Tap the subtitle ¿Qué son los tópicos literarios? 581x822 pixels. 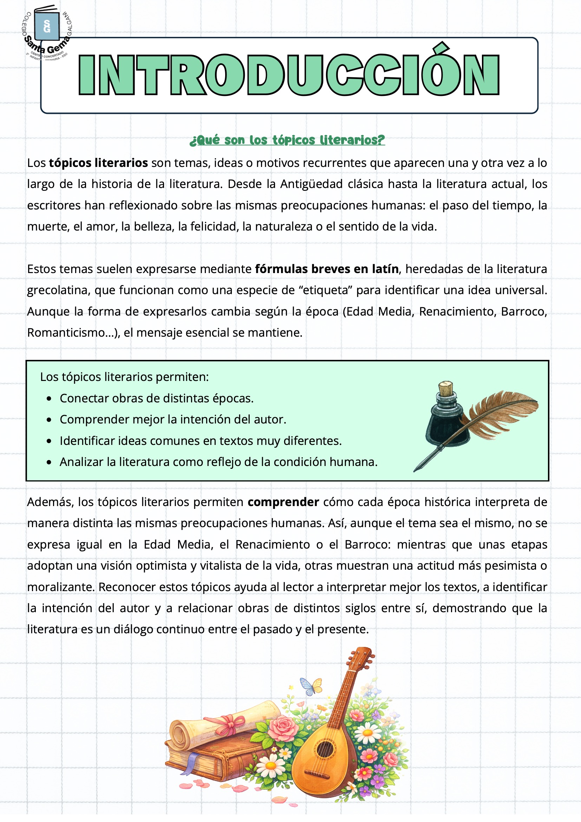point(287,140)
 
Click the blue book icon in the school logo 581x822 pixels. point(47,26)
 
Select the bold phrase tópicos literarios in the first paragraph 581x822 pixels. point(98,163)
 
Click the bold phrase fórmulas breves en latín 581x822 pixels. point(327,269)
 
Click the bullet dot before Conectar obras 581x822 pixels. point(49,399)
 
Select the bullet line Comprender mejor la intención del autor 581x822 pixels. point(173,420)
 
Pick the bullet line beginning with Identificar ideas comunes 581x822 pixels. point(200,441)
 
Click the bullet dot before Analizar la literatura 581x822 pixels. point(49,462)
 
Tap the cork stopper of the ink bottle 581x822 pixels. point(446,388)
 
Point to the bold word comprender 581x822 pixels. point(283,502)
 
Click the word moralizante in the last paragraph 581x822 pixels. point(61,587)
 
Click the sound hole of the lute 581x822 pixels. point(325,749)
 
